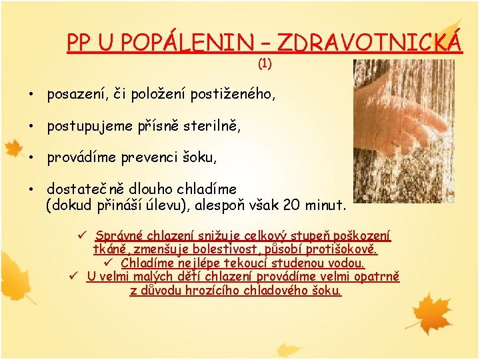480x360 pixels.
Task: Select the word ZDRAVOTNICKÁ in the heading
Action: (x=369, y=43)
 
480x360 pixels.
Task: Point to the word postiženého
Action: (x=233, y=95)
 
